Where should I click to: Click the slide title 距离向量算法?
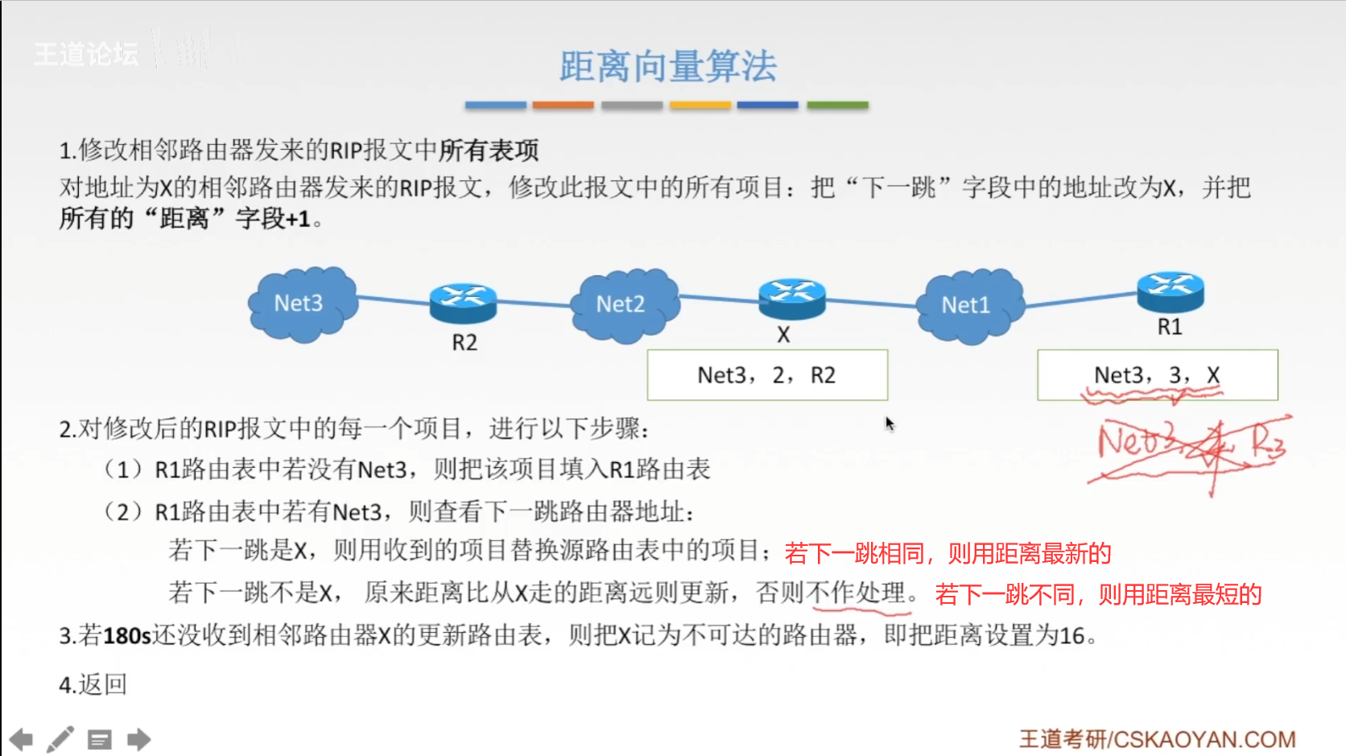(667, 66)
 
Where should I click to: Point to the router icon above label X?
(792, 297)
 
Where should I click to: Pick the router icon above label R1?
(1170, 291)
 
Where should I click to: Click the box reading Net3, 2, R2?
(767, 375)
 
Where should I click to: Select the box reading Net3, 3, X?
(1157, 375)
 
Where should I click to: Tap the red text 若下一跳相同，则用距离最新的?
(948, 553)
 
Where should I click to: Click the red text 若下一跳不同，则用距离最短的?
(1098, 595)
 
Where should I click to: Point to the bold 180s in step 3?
(127, 636)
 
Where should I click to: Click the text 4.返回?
(93, 684)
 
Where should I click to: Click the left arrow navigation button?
(21, 739)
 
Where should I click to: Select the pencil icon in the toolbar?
(60, 739)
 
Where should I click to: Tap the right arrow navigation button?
(138, 739)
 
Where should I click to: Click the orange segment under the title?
(563, 105)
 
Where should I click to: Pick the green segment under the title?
(837, 105)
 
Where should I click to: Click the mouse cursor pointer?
(889, 423)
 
